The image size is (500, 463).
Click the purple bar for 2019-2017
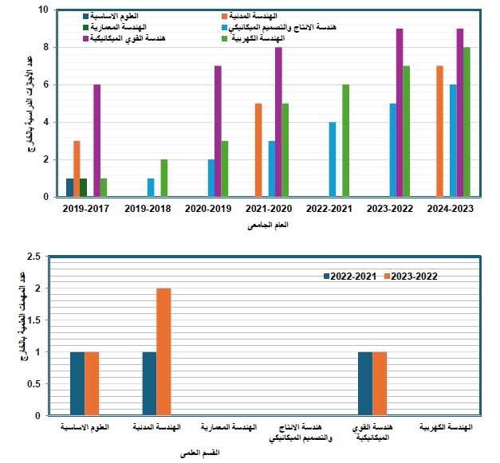click(96, 140)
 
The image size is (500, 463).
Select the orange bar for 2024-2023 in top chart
click(440, 131)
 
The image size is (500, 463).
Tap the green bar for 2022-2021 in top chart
click(345, 140)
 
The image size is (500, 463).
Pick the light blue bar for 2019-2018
click(151, 187)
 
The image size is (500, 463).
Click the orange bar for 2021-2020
click(258, 150)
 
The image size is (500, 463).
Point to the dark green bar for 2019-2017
click(84, 187)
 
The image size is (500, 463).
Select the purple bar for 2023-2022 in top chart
click(400, 112)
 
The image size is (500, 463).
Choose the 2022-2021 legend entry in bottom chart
click(351, 276)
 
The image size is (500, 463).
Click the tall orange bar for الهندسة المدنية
click(163, 351)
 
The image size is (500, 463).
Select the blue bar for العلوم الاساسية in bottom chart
click(77, 383)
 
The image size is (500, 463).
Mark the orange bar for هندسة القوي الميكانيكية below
click(380, 383)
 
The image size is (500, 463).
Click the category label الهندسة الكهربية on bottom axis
click(444, 429)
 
